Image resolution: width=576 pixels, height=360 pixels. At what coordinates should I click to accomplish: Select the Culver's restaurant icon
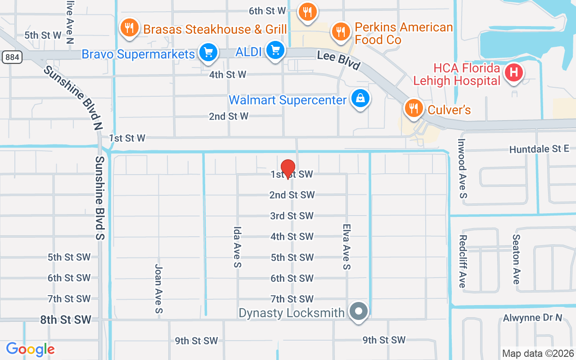pos(413,108)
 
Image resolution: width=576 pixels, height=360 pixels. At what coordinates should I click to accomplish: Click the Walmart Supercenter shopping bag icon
pos(360,99)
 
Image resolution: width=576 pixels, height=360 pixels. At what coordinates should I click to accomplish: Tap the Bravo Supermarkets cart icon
pos(208,53)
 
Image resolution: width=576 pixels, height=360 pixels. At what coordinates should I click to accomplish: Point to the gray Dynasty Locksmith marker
pos(359,311)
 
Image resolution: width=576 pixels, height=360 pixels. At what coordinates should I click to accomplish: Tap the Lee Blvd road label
pos(338,60)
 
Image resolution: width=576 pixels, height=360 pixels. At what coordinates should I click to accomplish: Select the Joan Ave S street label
pos(158,288)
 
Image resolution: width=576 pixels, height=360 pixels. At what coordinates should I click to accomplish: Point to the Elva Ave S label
pos(346,247)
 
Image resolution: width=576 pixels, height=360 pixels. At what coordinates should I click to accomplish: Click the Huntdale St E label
pos(539,149)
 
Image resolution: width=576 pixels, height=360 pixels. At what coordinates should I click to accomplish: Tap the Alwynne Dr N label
pos(532,318)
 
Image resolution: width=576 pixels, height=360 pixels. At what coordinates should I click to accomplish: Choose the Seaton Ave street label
pos(516,259)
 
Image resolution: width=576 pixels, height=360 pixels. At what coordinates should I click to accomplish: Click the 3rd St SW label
pos(292,216)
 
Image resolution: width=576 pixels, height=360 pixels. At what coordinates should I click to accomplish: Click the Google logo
pos(30,349)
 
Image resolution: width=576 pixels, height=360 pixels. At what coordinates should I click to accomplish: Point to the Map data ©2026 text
pos(538,353)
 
